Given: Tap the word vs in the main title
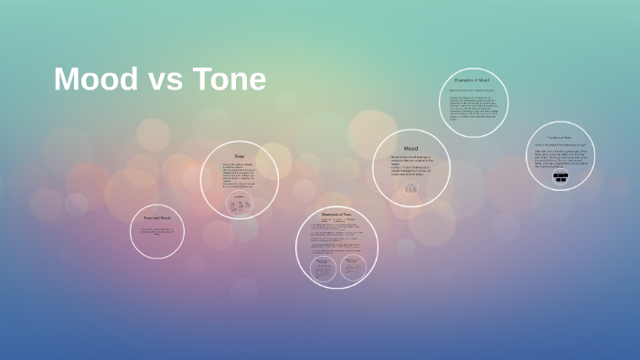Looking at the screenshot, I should click(x=165, y=80).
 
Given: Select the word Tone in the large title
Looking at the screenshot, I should click(x=229, y=80).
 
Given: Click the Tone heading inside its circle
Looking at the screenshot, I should click(x=240, y=156).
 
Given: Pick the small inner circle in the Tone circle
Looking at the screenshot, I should click(x=240, y=205).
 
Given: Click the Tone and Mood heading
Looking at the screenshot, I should click(x=157, y=217).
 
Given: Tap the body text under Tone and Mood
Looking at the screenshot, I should click(x=157, y=232).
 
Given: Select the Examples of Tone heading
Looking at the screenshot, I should click(x=336, y=214).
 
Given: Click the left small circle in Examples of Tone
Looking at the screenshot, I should click(x=323, y=268).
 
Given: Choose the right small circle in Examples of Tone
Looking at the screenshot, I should click(x=352, y=268).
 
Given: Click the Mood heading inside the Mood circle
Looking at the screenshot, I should click(x=411, y=148).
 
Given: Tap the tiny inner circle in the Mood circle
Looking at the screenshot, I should click(x=411, y=187).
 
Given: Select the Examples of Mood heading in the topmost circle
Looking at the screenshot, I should click(x=473, y=80).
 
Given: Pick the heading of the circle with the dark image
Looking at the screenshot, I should click(x=560, y=137).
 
